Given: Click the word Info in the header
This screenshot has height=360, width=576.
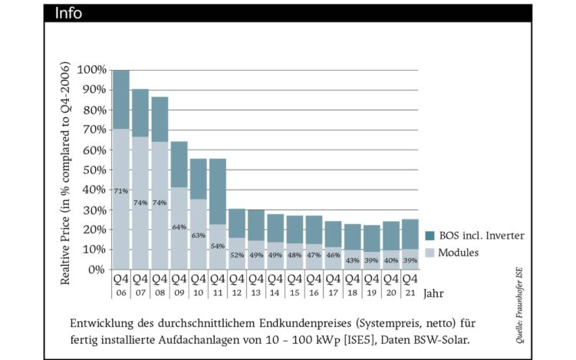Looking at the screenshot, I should tap(67, 13).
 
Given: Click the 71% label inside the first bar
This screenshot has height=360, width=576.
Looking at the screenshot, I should tap(121, 190).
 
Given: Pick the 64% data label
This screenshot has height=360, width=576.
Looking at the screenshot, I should tap(179, 227).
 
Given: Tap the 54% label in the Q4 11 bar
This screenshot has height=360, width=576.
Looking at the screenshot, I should tap(217, 246).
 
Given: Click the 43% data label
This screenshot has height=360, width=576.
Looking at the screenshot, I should tap(351, 259).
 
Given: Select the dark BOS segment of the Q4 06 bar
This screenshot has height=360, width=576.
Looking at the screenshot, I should tap(121, 99).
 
